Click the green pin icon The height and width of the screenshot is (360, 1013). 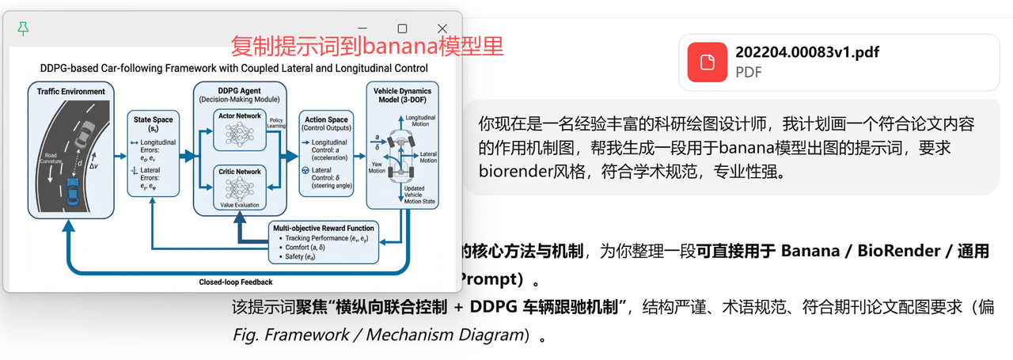point(24,29)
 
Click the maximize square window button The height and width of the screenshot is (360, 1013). point(401,28)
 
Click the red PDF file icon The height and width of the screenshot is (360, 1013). point(707,62)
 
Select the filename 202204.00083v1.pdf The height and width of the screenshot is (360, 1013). point(807,53)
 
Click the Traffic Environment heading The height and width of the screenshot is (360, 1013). point(71,92)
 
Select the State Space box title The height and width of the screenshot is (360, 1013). point(154,123)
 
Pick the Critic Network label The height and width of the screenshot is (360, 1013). point(238,172)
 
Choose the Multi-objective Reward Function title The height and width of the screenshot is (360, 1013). point(323,228)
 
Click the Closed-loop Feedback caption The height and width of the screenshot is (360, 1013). point(236,282)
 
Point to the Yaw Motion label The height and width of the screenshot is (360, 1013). point(377,167)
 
